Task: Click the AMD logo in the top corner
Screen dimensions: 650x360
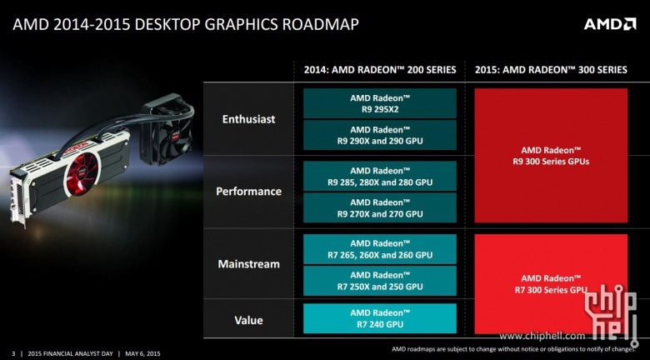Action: [610, 24]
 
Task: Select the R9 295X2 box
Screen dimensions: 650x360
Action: [380, 103]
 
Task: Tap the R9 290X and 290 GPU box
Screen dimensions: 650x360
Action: [380, 135]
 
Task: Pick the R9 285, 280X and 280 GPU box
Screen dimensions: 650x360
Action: [380, 177]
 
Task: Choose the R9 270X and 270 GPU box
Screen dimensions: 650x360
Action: [380, 207]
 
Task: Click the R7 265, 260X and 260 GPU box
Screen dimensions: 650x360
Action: [380, 249]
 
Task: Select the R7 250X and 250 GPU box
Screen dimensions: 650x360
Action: [380, 281]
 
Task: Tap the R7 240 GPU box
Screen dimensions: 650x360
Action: [380, 318]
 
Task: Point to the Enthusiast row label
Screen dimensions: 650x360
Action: [248, 119]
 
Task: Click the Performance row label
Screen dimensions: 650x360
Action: [248, 191]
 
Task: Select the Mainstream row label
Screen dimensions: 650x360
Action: [248, 264]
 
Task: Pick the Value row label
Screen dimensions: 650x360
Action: [248, 320]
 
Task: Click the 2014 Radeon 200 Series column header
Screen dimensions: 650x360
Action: [380, 70]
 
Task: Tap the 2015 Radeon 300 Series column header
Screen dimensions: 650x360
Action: [551, 70]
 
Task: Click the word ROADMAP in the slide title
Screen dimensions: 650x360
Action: [321, 24]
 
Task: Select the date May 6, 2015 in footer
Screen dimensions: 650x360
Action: [142, 354]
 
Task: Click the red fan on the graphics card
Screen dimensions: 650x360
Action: [82, 175]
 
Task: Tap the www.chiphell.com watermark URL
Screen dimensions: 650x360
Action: [542, 336]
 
